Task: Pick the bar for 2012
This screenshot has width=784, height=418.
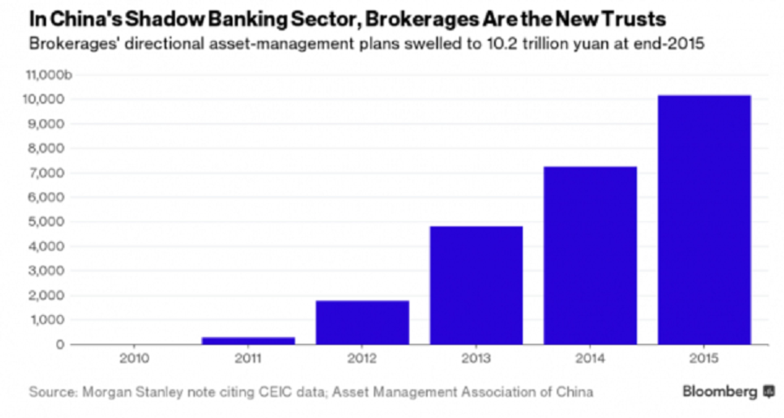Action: (362, 322)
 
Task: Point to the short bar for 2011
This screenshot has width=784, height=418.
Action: (248, 341)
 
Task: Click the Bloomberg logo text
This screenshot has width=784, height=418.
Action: (720, 391)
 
